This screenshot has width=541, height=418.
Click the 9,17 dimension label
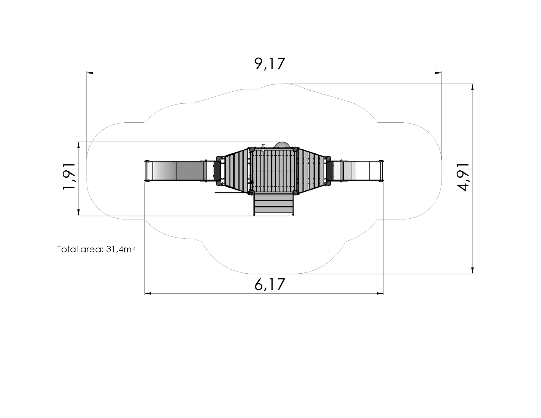pyautogui.click(x=270, y=64)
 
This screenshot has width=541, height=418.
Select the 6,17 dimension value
pyautogui.click(x=270, y=284)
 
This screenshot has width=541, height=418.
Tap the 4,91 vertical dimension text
pyautogui.click(x=464, y=177)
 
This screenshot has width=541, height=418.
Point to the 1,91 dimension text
pyautogui.click(x=69, y=176)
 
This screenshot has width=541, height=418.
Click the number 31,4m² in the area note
pyautogui.click(x=120, y=249)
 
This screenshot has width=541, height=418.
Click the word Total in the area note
pyautogui.click(x=67, y=249)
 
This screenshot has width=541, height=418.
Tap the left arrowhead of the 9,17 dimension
pyautogui.click(x=90, y=73)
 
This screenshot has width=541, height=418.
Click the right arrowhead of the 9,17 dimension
pyautogui.click(x=438, y=73)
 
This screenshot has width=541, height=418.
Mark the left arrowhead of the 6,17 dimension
pyautogui.click(x=148, y=293)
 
